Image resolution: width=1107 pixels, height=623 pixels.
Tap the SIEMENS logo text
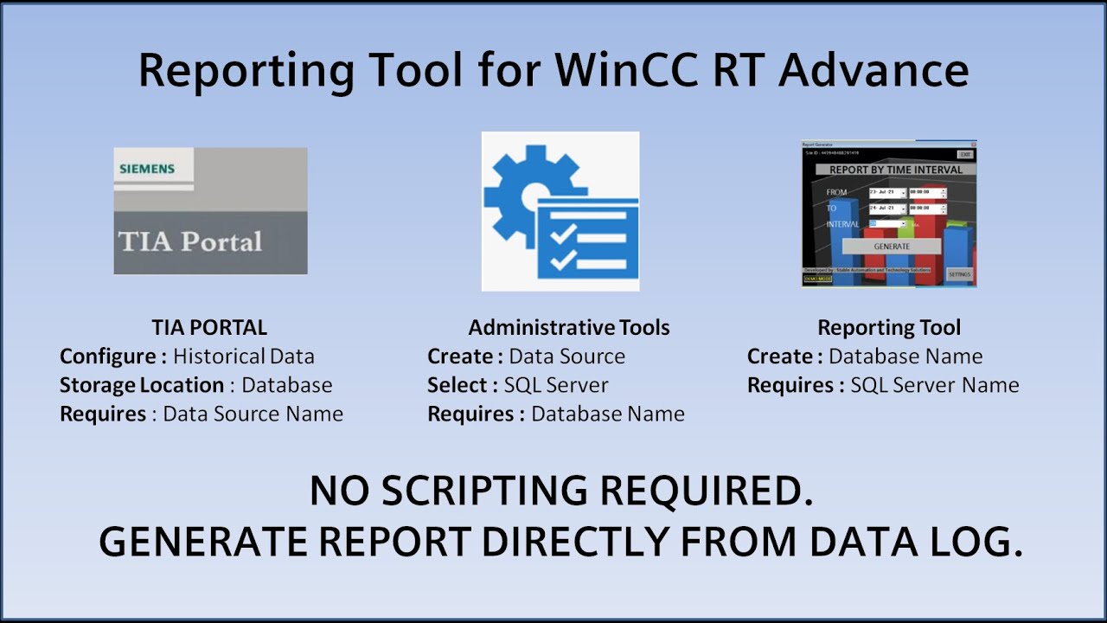(x=147, y=169)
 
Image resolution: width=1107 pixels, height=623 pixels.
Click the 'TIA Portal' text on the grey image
(x=190, y=241)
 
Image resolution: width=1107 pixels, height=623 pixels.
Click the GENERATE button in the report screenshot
(x=891, y=246)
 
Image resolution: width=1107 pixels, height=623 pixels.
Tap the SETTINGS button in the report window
(x=959, y=274)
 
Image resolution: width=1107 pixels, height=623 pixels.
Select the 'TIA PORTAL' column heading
(x=209, y=327)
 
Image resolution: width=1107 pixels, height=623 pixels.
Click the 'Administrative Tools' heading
(x=568, y=327)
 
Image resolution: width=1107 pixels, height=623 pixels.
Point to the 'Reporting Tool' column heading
(x=889, y=327)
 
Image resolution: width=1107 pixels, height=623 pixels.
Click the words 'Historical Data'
(x=244, y=356)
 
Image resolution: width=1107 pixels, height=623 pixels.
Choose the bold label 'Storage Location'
(x=142, y=385)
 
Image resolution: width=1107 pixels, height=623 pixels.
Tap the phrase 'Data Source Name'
(x=253, y=414)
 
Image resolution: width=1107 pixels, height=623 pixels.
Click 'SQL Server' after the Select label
(x=556, y=385)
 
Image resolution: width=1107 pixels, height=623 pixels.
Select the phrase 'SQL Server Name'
(x=934, y=385)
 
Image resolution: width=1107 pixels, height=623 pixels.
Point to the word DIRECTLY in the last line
(x=573, y=542)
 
